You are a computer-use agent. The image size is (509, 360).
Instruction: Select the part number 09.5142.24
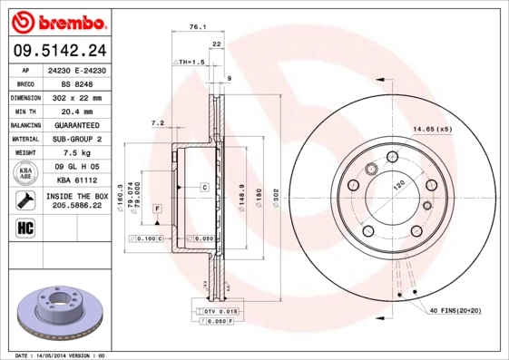pyautogui.click(x=56, y=50)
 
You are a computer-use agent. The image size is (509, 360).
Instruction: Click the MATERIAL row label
pyautogui.click(x=24, y=139)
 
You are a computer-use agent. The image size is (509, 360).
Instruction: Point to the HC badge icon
pyautogui.click(x=24, y=227)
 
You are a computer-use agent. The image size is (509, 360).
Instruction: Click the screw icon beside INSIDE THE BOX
pyautogui.click(x=24, y=201)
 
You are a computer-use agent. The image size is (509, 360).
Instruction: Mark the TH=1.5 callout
pyautogui.click(x=190, y=63)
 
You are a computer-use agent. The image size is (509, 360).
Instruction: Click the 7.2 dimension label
pyautogui.click(x=156, y=122)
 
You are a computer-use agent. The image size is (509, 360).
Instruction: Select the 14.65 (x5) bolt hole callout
pyautogui.click(x=433, y=129)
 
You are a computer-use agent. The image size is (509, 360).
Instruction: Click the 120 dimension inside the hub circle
pyautogui.click(x=396, y=184)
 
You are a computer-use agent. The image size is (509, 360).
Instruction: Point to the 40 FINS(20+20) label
pyautogui.click(x=462, y=310)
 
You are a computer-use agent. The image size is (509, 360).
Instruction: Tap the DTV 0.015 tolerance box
pyautogui.click(x=214, y=311)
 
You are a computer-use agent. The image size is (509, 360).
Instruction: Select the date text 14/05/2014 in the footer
pyautogui.click(x=59, y=355)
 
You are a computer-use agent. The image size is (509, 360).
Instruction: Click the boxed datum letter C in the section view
pyautogui.click(x=205, y=187)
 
